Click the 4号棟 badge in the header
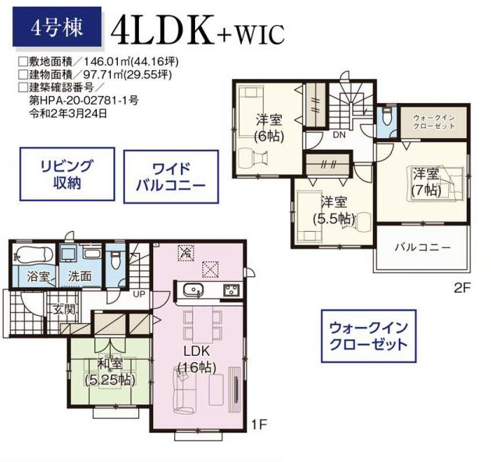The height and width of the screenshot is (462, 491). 57,27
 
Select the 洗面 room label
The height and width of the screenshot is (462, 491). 80,276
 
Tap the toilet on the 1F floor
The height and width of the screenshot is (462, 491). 115,261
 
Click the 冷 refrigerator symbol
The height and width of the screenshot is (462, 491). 186,253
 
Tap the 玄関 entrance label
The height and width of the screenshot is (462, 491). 64,309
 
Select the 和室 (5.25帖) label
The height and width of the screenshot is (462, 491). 110,371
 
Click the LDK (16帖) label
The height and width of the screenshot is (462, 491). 197,359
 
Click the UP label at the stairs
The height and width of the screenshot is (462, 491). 140,294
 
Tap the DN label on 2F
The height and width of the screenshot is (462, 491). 339,135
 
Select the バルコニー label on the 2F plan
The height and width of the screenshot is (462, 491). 423,247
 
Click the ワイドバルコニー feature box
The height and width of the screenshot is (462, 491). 171,177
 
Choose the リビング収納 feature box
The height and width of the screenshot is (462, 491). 67,174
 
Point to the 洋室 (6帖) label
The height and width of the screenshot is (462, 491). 269,128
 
